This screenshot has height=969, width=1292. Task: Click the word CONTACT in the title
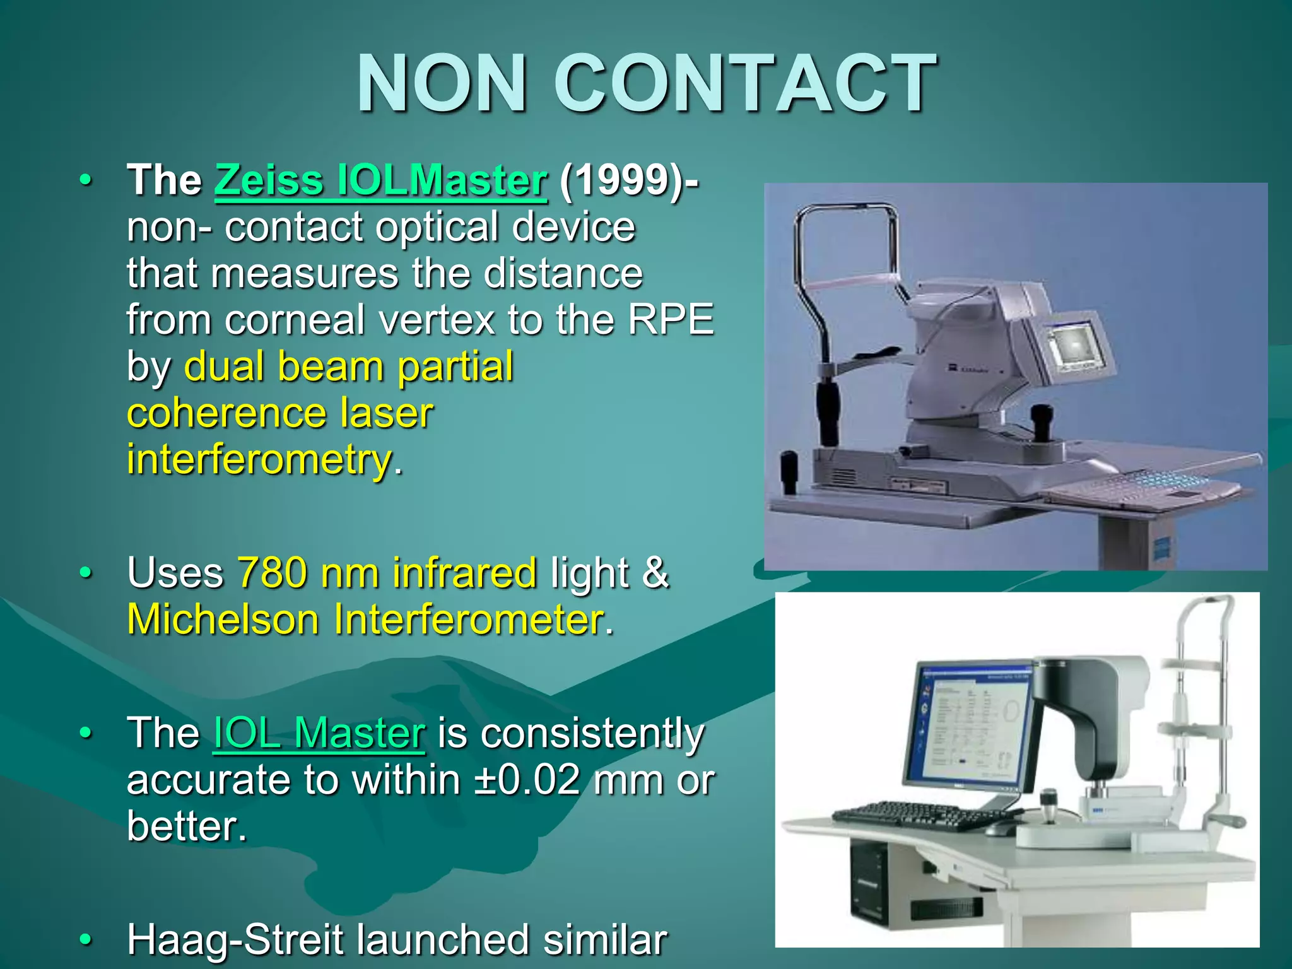pos(744,84)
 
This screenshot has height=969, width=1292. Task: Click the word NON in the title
pos(442,84)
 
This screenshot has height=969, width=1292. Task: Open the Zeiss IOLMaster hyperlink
pos(380,180)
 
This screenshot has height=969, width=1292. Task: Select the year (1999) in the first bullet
pos(621,180)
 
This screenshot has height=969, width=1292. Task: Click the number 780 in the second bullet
pos(271,573)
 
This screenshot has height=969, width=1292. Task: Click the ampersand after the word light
pos(656,573)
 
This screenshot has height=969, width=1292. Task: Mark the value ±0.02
pos(527,780)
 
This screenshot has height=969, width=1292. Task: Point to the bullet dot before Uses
pos(86,573)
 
